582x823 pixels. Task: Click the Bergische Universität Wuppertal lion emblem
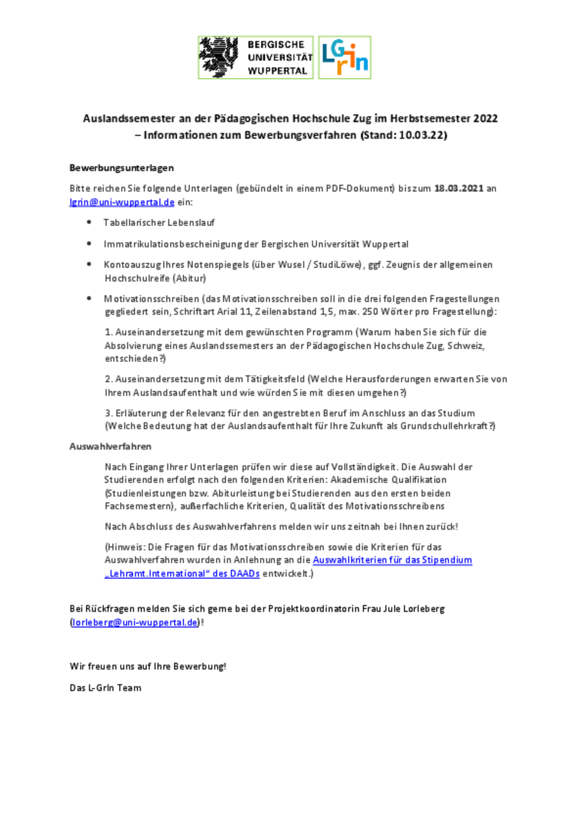pos(220,57)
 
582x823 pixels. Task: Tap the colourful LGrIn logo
pos(345,57)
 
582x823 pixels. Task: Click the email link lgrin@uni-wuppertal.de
pos(122,202)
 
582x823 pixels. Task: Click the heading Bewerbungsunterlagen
pos(122,168)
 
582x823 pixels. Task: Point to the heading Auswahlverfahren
pos(110,446)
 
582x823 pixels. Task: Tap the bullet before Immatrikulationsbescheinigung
pos(89,244)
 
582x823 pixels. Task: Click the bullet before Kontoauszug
pos(89,265)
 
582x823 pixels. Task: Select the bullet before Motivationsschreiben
pos(89,299)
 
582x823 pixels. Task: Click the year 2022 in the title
pos(486,120)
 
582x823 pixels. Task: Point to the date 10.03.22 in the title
pos(422,136)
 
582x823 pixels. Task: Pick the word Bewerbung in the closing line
pos(201,666)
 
